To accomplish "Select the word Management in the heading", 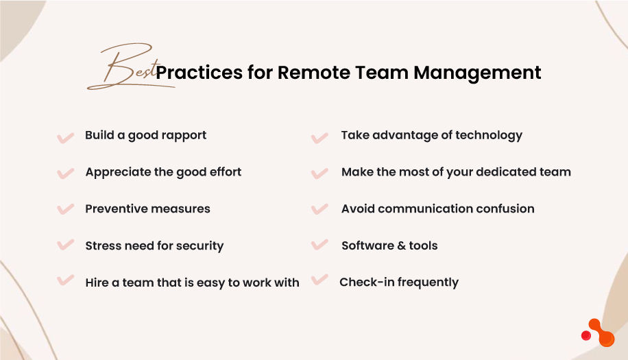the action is click(477, 73).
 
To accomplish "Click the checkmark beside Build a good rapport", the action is click(65, 137).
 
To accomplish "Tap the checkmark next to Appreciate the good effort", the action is click(65, 173).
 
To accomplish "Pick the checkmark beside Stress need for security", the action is click(65, 244).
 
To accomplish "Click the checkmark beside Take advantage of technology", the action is click(319, 138).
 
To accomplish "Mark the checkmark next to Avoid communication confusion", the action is click(319, 209).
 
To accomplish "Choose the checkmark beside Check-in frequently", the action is click(319, 279).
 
